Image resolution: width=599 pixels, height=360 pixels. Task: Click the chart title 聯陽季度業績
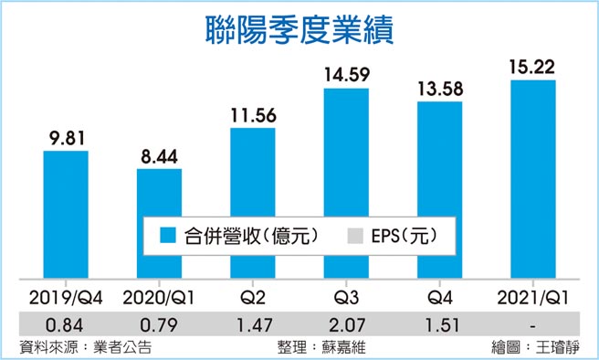coord(299,28)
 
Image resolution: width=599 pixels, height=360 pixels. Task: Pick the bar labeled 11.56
coord(252,201)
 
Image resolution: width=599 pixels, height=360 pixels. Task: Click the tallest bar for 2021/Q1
coord(533,178)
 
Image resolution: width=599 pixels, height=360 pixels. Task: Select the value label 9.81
coord(66,137)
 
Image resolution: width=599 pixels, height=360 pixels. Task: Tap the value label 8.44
coord(159,155)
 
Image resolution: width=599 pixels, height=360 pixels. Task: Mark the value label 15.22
coord(533,67)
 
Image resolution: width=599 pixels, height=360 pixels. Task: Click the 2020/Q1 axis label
coord(159,296)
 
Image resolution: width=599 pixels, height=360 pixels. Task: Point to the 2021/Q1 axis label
coord(533,296)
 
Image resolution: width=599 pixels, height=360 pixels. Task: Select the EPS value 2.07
coord(345,323)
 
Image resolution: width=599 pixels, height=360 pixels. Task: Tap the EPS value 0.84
coord(66,323)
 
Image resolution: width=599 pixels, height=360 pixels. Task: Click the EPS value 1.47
coord(252,323)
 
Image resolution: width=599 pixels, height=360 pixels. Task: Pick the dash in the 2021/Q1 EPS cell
coord(533,323)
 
